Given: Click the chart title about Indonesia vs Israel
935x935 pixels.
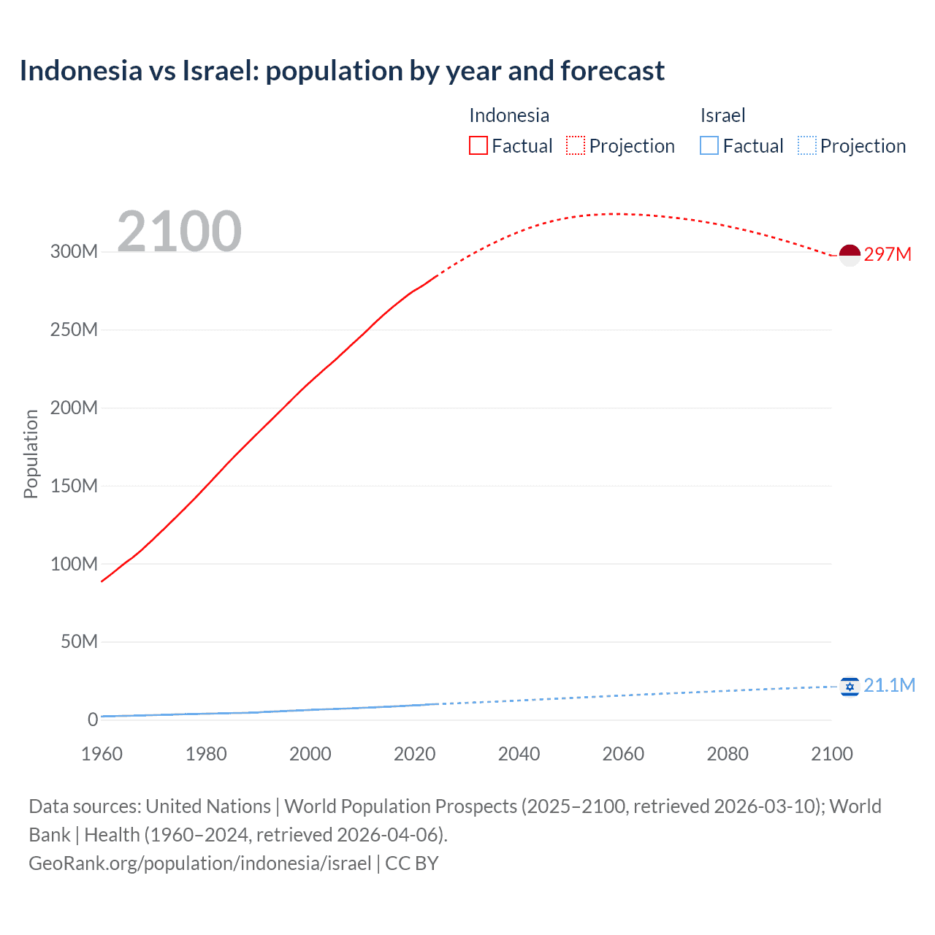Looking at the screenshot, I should coord(342,71).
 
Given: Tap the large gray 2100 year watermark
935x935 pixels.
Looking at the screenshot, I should coord(179,232).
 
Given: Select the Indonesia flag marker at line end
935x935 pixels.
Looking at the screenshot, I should coord(850,255).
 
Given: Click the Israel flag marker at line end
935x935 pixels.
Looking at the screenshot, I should coord(850,687).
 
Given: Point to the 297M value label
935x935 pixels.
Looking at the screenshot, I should coord(888,254).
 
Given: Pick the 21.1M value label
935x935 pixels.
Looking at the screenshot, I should coord(889,685).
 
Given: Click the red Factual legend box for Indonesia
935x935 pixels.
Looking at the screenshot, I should coord(478,146).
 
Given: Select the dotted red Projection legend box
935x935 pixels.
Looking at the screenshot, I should coord(576,146).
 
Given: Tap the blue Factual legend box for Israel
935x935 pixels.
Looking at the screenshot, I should coord(709,146).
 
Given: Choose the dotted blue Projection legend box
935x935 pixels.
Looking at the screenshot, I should coord(806,146).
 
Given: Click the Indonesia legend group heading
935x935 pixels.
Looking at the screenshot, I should coord(508,115).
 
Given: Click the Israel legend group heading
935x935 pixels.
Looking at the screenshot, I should coord(722,115).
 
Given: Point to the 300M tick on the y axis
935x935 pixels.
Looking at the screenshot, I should coord(74,252).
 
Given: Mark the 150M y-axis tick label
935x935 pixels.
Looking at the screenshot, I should coord(74,486).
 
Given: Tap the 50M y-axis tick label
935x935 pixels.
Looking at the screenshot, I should coord(79,642).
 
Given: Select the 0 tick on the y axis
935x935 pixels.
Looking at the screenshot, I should coord(93,720).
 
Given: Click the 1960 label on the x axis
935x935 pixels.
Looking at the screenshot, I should coord(102,754).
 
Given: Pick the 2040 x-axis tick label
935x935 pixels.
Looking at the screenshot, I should coord(519,754).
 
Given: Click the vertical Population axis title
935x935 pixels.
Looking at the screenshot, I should coord(31,454).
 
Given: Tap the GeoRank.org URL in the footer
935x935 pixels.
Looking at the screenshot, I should coord(200,863).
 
